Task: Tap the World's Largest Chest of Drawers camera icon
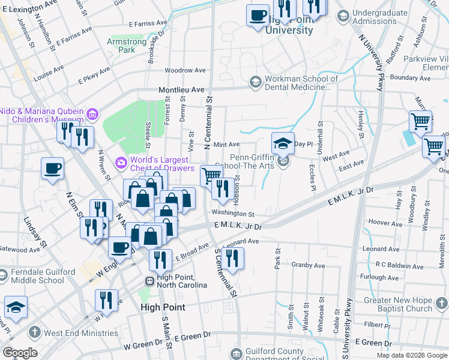point(121,161)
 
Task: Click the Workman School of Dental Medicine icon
point(256,81)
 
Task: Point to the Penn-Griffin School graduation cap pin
point(283,145)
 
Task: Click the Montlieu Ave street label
point(182,89)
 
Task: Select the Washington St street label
point(233,214)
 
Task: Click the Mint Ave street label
point(226,145)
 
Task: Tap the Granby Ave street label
point(308,265)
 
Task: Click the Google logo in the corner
point(20,353)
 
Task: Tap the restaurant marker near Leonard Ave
point(231,259)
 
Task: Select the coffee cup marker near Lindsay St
point(52,168)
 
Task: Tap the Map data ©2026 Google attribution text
point(412,355)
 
